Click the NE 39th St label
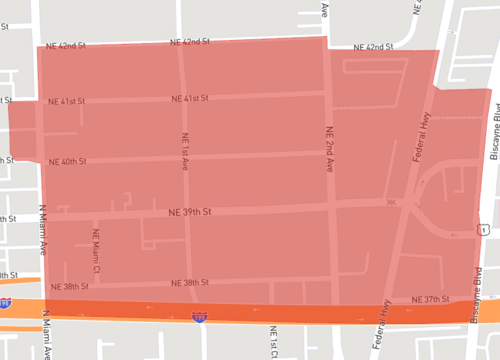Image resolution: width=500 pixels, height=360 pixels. [191, 212]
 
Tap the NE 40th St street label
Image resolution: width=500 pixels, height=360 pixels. [68, 161]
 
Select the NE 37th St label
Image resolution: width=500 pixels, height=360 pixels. [433, 299]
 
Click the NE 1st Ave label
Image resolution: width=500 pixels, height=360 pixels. [186, 150]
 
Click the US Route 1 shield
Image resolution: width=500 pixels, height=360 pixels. [483, 228]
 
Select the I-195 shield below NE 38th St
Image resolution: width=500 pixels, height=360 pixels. [201, 316]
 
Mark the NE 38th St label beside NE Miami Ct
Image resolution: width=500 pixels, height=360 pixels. [69, 286]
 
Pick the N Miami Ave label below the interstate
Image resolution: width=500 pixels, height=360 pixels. [45, 335]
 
